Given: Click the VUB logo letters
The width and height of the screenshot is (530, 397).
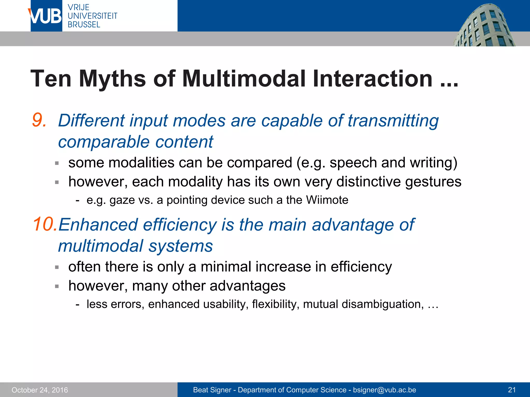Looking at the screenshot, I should point(46,16).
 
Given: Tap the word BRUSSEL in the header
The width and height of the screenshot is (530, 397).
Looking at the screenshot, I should point(84,25).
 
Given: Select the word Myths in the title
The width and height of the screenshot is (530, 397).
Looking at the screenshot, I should point(113,79).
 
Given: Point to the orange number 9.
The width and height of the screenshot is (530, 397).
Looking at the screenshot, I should point(39,120).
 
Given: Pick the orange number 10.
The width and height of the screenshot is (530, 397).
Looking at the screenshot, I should point(45,224).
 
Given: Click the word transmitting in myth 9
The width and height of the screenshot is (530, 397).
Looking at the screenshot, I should point(393,121).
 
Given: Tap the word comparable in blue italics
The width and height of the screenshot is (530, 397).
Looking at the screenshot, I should point(104,142).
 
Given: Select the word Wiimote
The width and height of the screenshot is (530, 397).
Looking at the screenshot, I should point(327,200).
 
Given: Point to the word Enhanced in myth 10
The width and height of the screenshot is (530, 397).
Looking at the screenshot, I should point(98,225).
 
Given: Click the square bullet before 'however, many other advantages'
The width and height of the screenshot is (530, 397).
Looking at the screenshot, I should point(57,286).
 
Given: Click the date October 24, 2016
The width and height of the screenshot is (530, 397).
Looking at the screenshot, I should point(40,390).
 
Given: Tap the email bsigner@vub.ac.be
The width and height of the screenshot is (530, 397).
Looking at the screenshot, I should point(384,390).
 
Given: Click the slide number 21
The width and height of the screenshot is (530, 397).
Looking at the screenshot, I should point(512,390).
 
